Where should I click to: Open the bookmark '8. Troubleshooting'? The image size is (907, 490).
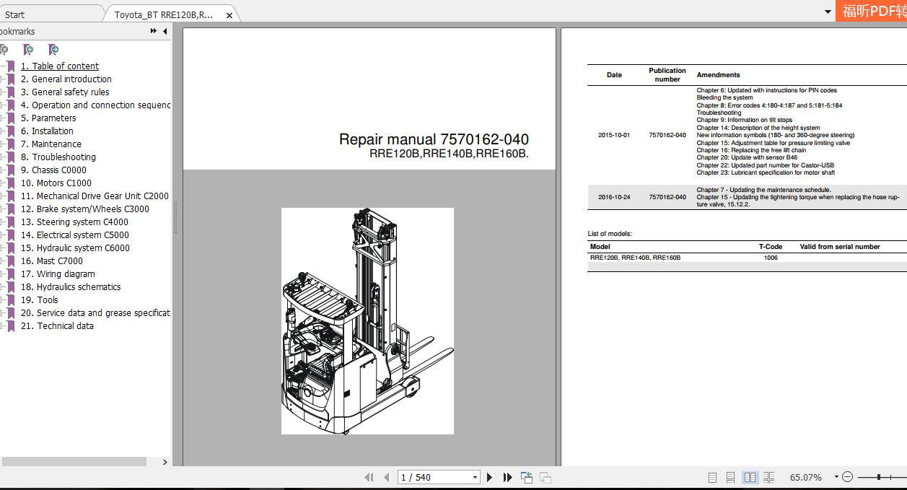63,157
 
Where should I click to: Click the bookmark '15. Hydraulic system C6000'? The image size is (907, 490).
75,248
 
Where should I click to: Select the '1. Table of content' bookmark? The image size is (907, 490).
59,66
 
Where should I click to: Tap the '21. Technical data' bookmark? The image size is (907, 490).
57,326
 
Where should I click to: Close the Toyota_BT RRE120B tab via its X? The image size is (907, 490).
229,15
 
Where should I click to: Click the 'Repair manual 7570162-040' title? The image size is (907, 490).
434,139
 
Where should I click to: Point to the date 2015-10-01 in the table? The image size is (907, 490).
613,135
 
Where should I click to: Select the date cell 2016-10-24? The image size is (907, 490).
613,197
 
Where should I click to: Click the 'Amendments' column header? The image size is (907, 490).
718,75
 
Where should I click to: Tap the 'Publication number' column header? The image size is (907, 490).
667,75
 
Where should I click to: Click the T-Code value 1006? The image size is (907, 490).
770,258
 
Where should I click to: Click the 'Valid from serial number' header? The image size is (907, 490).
839,247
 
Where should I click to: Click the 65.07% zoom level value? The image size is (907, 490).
805,478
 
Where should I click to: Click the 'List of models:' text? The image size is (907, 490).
610,234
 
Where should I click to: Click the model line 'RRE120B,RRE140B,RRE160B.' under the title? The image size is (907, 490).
449,154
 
